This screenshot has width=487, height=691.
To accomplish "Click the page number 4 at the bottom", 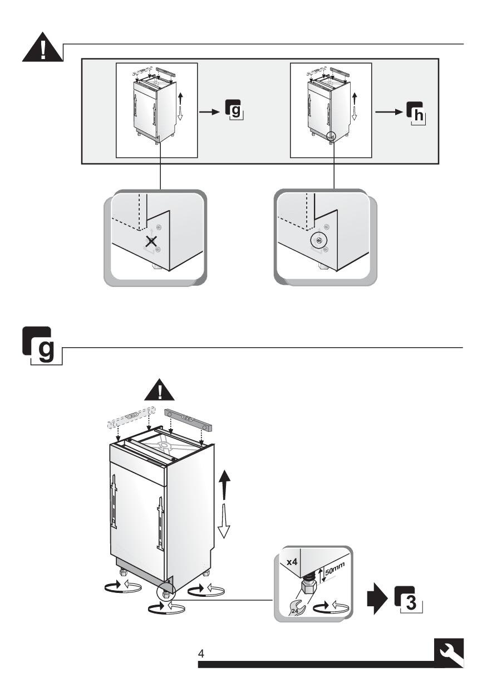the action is [201, 653].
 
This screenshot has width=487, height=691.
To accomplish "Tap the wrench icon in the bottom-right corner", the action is [448, 651].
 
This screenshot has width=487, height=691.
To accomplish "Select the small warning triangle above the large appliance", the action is [160, 389].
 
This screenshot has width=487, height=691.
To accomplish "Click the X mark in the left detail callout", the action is [151, 241].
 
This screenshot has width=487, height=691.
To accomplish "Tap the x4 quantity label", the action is [292, 562].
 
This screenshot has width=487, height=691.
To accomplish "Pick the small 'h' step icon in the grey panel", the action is [416, 113].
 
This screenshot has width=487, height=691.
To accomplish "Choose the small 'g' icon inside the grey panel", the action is [234, 110].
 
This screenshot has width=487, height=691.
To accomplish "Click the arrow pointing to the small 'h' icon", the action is [389, 112].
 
